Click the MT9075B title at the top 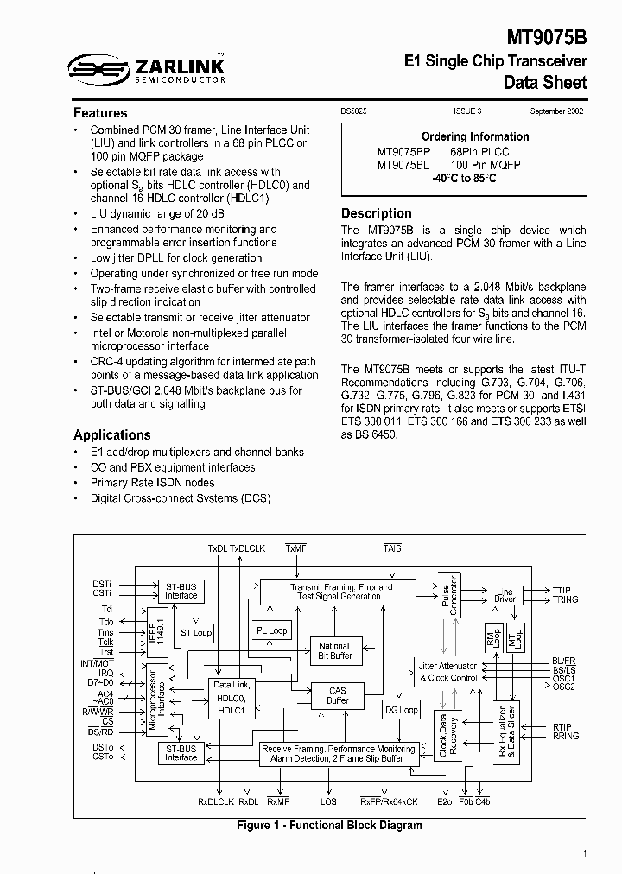tap(547, 39)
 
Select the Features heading tap(100, 113)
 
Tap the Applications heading tap(112, 435)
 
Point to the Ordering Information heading tap(475, 136)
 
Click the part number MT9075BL tap(403, 164)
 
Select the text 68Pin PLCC tap(480, 150)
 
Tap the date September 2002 tap(558, 111)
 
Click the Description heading tap(377, 213)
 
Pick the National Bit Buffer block tap(334, 651)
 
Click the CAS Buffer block tap(337, 695)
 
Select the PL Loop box tap(272, 630)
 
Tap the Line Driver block tap(504, 595)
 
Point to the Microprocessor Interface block tap(157, 700)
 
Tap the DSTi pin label tap(102, 584)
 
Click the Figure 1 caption tap(329, 826)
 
